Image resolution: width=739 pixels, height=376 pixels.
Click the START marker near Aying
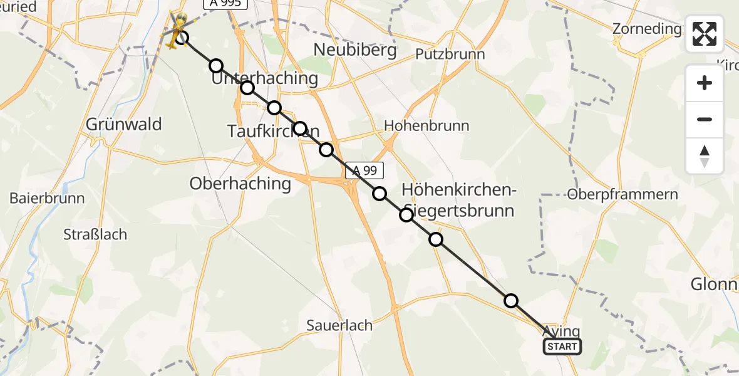click(x=562, y=346)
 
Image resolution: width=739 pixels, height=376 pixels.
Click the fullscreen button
click(x=705, y=34)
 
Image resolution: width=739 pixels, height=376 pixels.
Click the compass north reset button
click(x=705, y=156)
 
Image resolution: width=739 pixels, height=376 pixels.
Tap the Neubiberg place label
click(x=354, y=50)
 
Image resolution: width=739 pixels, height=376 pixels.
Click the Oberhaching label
click(x=240, y=184)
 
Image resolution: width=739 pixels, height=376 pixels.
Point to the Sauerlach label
click(x=339, y=325)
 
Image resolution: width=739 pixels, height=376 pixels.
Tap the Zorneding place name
click(x=647, y=29)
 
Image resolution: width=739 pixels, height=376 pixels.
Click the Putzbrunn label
click(x=450, y=54)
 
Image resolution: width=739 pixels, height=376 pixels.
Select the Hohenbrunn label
click(x=426, y=125)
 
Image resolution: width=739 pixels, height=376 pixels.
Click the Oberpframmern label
click(x=623, y=194)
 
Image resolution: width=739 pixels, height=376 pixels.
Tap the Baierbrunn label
click(x=47, y=198)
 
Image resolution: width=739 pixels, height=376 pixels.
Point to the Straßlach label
click(x=95, y=234)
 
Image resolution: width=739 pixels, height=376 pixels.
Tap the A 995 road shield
click(x=225, y=3)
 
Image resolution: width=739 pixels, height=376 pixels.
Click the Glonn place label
click(x=714, y=284)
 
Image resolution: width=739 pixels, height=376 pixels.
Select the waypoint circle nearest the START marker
click(x=511, y=301)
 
